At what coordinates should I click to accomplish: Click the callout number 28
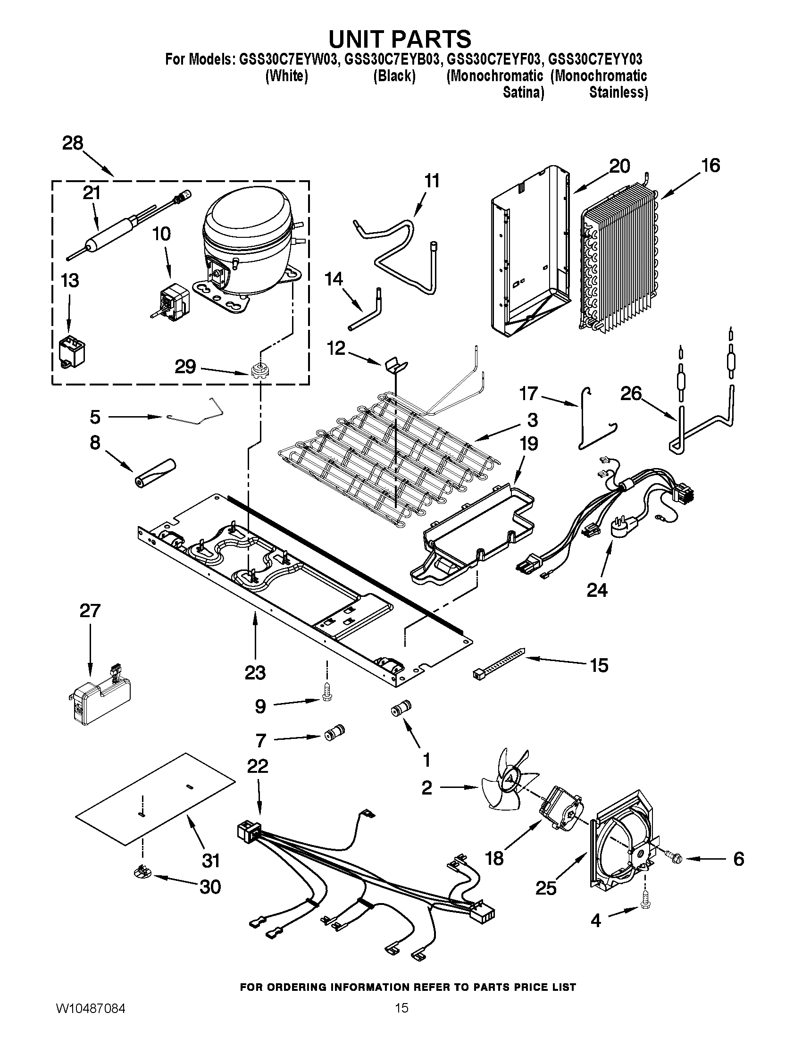73,143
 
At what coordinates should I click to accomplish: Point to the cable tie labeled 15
499,661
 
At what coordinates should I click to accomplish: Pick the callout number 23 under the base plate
255,672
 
